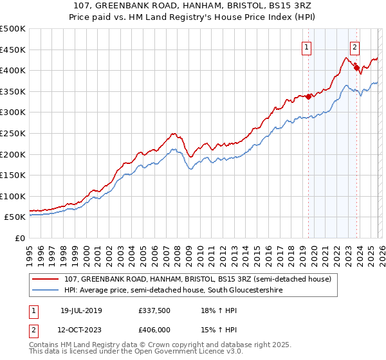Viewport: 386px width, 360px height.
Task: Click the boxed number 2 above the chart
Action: coord(354,46)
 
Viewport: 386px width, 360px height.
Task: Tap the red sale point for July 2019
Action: coord(308,96)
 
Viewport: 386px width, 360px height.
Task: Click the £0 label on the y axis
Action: coord(19,238)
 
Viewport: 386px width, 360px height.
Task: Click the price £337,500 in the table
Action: coord(153,310)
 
